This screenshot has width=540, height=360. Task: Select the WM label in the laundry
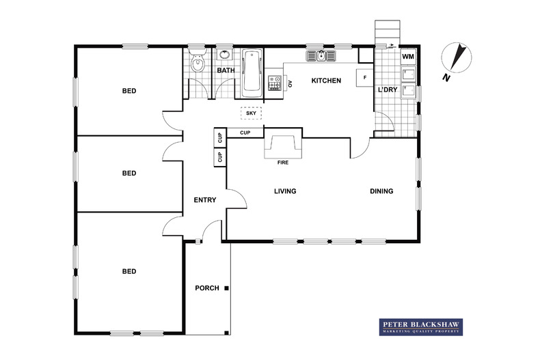(x=407, y=56)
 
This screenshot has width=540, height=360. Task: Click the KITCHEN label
(x=326, y=81)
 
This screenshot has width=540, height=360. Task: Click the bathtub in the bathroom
(x=252, y=71)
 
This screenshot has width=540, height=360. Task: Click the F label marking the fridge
(x=365, y=78)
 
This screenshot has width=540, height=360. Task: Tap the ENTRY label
(x=205, y=200)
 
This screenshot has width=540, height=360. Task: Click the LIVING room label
(x=284, y=191)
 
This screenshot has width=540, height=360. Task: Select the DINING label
(x=381, y=191)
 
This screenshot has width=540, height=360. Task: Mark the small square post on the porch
(x=227, y=288)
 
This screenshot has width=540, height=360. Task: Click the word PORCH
(x=207, y=288)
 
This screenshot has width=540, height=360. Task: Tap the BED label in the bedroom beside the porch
(x=129, y=271)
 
